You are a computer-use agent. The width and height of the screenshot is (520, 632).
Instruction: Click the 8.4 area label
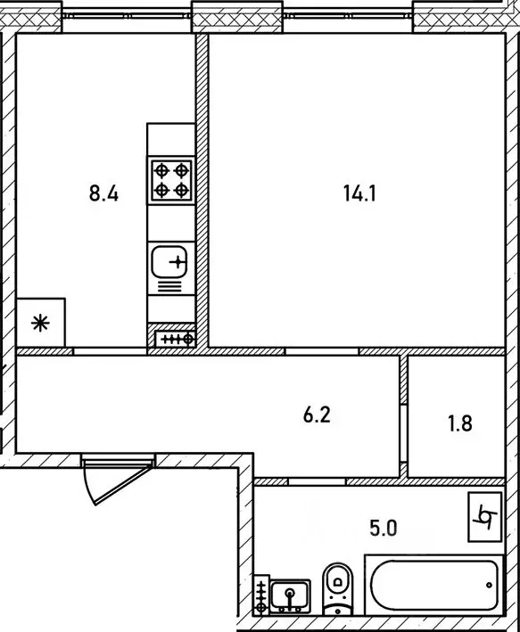(105, 193)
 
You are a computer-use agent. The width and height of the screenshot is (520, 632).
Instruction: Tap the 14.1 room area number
(359, 193)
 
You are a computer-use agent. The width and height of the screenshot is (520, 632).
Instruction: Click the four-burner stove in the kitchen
(171, 178)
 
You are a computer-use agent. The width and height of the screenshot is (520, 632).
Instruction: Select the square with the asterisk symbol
(40, 322)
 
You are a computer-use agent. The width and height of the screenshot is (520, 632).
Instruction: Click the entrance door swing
(107, 480)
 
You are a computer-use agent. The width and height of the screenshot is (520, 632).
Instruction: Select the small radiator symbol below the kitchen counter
(175, 338)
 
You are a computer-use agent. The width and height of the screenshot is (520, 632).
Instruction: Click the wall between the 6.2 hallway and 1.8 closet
(403, 414)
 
